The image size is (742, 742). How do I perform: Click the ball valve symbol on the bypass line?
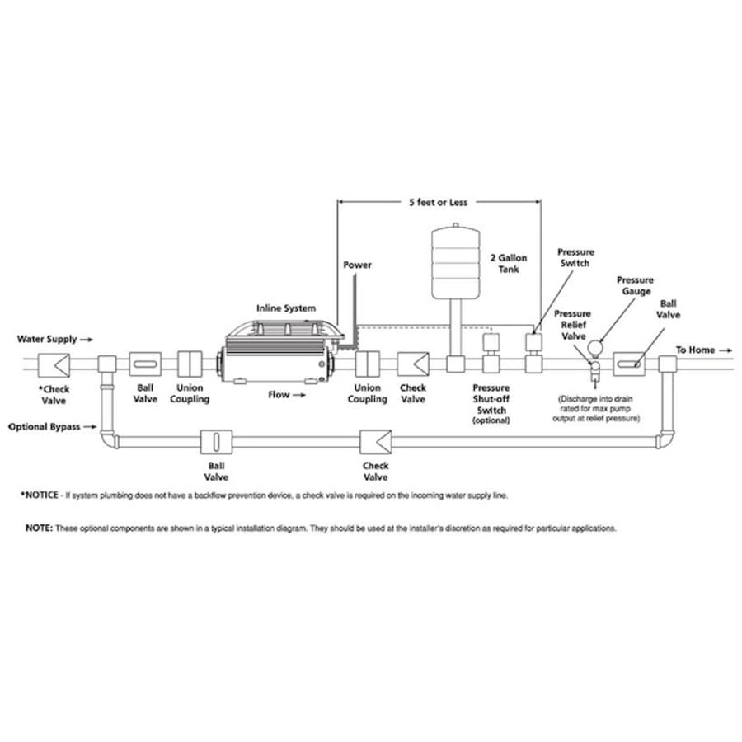pos(214,441)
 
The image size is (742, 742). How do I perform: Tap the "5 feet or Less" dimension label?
pos(439,202)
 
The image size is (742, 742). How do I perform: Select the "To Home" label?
pos(696,350)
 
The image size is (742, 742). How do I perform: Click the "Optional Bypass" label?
pos(45,428)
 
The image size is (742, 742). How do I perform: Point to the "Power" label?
pos(357,265)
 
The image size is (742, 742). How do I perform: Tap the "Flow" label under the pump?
pos(279,395)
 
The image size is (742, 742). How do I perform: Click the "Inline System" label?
pos(285,308)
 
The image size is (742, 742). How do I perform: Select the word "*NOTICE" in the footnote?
pos(40,495)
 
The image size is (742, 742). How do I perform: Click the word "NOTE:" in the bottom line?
pos(39,528)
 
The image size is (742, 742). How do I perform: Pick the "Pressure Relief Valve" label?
pos(572,325)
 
